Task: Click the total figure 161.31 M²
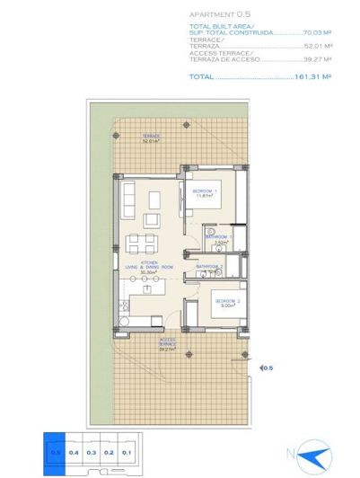pyautogui.click(x=314, y=77)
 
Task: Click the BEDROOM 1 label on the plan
pyautogui.click(x=205, y=192)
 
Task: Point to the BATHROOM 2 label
pyautogui.click(x=209, y=267)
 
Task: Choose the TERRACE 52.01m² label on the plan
pyautogui.click(x=150, y=138)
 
